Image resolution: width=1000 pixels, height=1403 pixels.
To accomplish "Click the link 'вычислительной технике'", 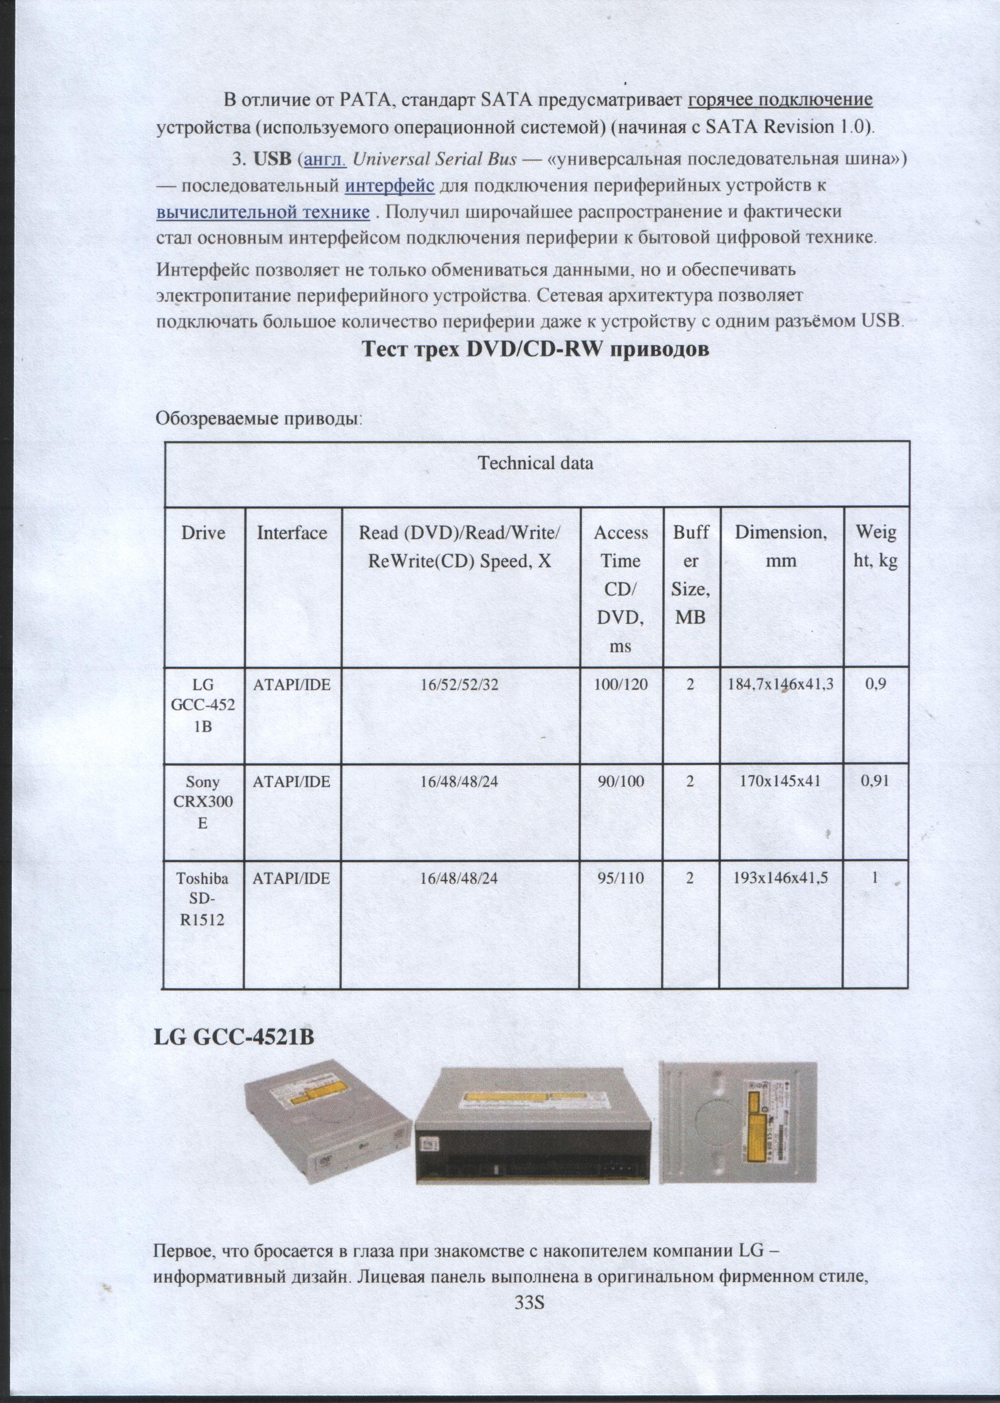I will point(263,212).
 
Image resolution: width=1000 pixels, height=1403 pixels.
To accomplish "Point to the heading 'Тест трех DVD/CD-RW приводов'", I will point(535,350).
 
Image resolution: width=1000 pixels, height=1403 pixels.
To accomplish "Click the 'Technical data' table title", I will point(536,463).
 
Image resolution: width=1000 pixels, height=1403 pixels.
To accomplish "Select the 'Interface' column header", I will point(292,533).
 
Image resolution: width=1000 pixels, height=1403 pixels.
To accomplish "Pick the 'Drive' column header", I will point(203,533).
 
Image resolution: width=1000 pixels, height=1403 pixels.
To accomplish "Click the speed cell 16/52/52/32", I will point(460,683).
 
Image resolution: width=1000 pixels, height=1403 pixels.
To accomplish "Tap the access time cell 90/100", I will point(621,782).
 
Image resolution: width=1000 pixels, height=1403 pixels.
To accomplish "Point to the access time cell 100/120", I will point(621,683).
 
